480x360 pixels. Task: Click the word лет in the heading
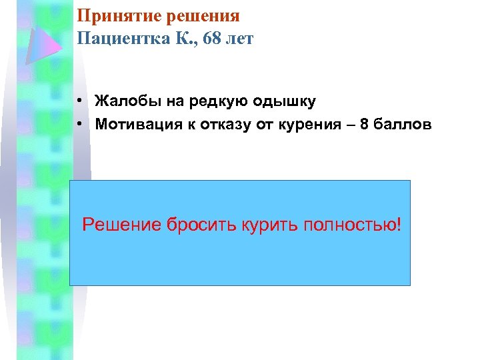tap(239, 39)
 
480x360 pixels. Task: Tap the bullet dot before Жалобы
tap(79, 102)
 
